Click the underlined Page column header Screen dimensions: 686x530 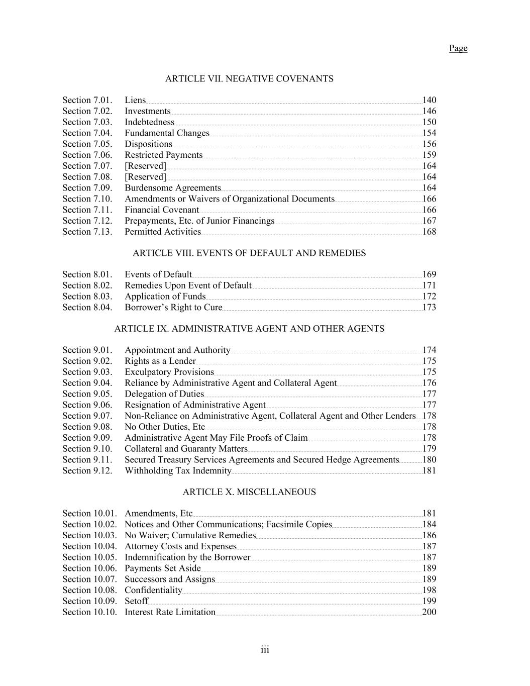pos(458,48)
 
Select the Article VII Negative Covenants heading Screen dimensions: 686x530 pos(249,79)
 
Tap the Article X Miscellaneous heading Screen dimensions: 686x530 pos(249,492)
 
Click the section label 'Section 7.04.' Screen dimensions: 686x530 pos(87,133)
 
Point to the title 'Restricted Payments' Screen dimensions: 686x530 pos(163,155)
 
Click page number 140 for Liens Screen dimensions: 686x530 pos(429,100)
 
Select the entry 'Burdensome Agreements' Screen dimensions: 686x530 pos(172,188)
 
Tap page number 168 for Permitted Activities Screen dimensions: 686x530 pos(429,232)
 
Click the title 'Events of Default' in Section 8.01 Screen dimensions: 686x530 pos(158,274)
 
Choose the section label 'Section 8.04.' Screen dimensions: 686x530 pos(87,308)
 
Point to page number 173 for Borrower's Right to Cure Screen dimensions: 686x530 pos(429,308)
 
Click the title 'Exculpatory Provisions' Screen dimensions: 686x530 pos(169,372)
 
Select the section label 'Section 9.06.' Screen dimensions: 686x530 pos(87,405)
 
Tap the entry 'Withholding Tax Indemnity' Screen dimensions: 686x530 pos(178,471)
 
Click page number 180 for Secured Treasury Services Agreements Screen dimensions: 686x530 pos(429,460)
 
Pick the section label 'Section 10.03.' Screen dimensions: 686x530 pos(89,536)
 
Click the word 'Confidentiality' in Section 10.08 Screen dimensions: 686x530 pos(153,591)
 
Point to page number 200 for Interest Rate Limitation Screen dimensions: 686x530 pos(429,612)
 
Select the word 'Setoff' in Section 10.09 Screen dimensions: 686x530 pos(136,602)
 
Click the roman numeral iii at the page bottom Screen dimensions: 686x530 pos(265,650)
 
